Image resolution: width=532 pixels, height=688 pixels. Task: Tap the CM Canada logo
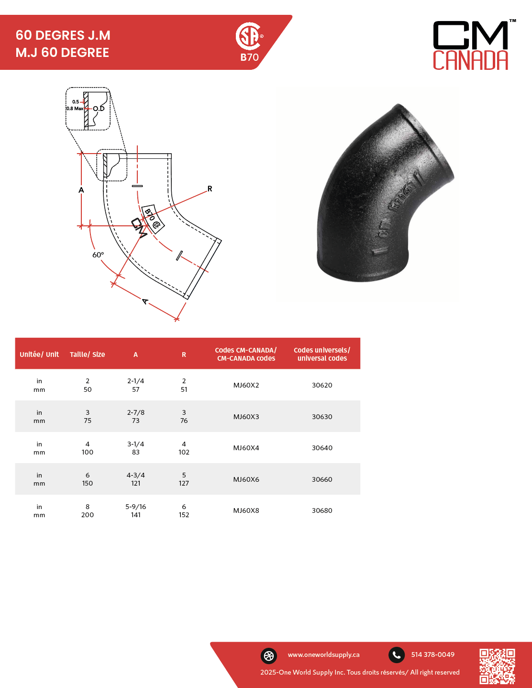[474, 45]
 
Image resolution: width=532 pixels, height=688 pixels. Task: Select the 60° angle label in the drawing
[98, 255]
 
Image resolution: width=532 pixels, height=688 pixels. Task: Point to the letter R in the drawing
[210, 189]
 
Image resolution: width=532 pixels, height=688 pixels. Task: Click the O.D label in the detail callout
[99, 109]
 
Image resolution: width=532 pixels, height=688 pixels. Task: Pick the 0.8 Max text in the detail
[75, 108]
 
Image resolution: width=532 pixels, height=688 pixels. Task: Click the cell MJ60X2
[246, 385]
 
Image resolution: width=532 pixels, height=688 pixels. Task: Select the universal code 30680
[322, 510]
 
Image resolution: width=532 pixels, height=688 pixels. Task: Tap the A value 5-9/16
[135, 507]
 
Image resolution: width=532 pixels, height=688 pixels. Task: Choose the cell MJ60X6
[246, 479]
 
